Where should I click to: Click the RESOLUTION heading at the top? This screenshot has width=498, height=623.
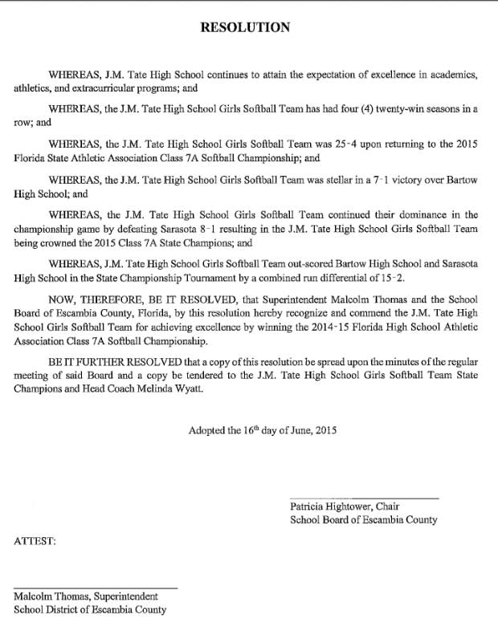click(244, 27)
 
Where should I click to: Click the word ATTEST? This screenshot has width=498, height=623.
click(35, 542)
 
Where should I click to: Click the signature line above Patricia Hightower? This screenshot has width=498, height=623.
click(364, 498)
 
